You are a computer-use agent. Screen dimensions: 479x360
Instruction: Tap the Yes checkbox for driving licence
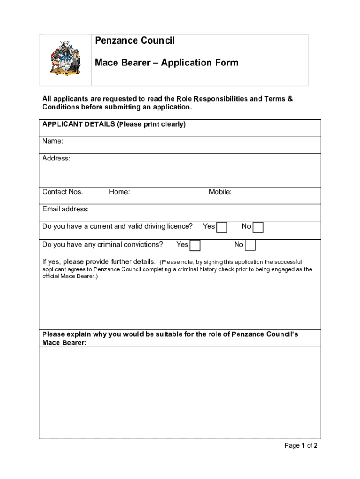(x=222, y=227)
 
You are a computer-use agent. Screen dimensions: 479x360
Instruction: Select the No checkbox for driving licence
(x=258, y=227)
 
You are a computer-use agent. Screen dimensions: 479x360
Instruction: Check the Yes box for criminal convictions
(x=195, y=245)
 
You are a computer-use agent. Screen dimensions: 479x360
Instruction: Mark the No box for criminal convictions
(x=251, y=245)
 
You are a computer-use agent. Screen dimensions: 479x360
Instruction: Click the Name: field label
(x=53, y=141)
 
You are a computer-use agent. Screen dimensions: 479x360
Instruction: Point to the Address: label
(x=56, y=158)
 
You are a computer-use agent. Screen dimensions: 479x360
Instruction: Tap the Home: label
(x=119, y=192)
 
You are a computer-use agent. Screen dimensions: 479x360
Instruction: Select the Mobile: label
(x=220, y=192)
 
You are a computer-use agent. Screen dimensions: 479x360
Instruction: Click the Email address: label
(x=65, y=209)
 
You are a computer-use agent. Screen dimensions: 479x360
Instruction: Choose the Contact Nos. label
(x=63, y=192)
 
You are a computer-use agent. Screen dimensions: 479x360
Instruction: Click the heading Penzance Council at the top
(x=135, y=41)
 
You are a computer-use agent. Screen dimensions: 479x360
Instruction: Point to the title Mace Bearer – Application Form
(x=166, y=63)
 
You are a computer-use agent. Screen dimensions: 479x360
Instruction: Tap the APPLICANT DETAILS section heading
(x=114, y=124)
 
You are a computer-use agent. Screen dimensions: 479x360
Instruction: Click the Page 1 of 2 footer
(x=301, y=445)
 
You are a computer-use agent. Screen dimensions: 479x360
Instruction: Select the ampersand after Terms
(x=290, y=99)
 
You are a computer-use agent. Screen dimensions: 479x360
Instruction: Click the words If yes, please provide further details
(x=99, y=261)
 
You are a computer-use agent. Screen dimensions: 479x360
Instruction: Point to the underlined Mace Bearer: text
(x=64, y=343)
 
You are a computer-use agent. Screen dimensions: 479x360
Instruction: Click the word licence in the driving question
(x=180, y=226)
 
